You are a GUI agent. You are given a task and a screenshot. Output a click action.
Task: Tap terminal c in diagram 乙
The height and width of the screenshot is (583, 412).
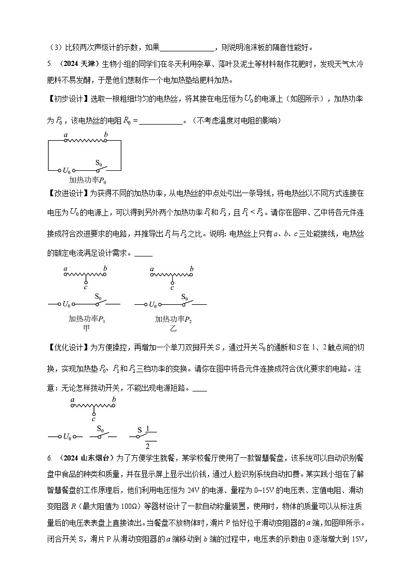pos(172,283)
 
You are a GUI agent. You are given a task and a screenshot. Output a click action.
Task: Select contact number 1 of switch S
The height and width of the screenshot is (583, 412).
pos(147,429)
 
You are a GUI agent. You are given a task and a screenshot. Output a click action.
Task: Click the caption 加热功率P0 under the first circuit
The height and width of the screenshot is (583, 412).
pos(87,181)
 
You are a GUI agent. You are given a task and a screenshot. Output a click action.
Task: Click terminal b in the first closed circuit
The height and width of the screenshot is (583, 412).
pos(105,135)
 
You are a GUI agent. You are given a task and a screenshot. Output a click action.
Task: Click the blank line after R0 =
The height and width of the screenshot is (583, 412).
pos(161,121)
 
